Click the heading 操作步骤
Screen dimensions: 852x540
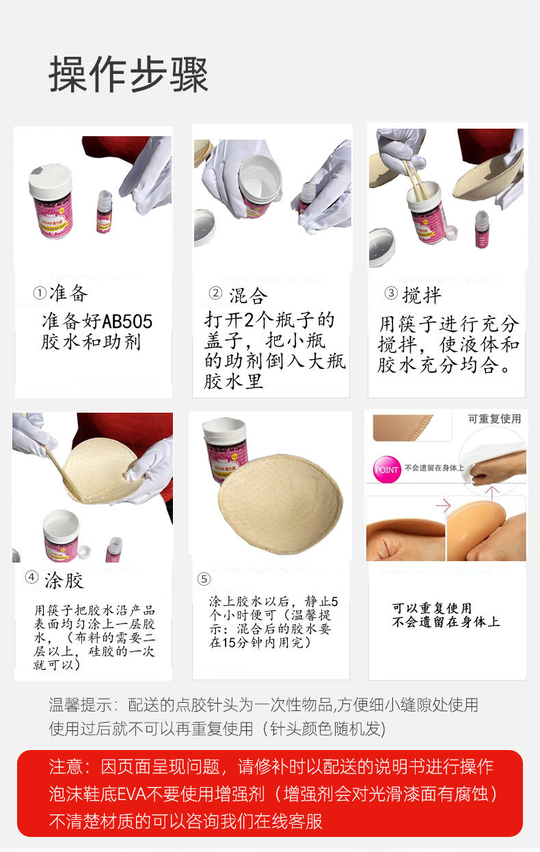(128, 75)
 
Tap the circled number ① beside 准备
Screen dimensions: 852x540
(40, 294)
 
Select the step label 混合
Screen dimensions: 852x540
(248, 296)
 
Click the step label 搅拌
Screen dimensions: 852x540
(422, 295)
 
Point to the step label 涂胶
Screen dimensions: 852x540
(64, 582)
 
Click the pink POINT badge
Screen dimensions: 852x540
(386, 470)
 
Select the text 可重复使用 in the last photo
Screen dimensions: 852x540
(494, 419)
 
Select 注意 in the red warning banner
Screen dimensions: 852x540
(67, 766)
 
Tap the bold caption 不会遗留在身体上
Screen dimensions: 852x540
(446, 622)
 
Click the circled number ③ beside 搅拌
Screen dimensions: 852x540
(391, 294)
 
